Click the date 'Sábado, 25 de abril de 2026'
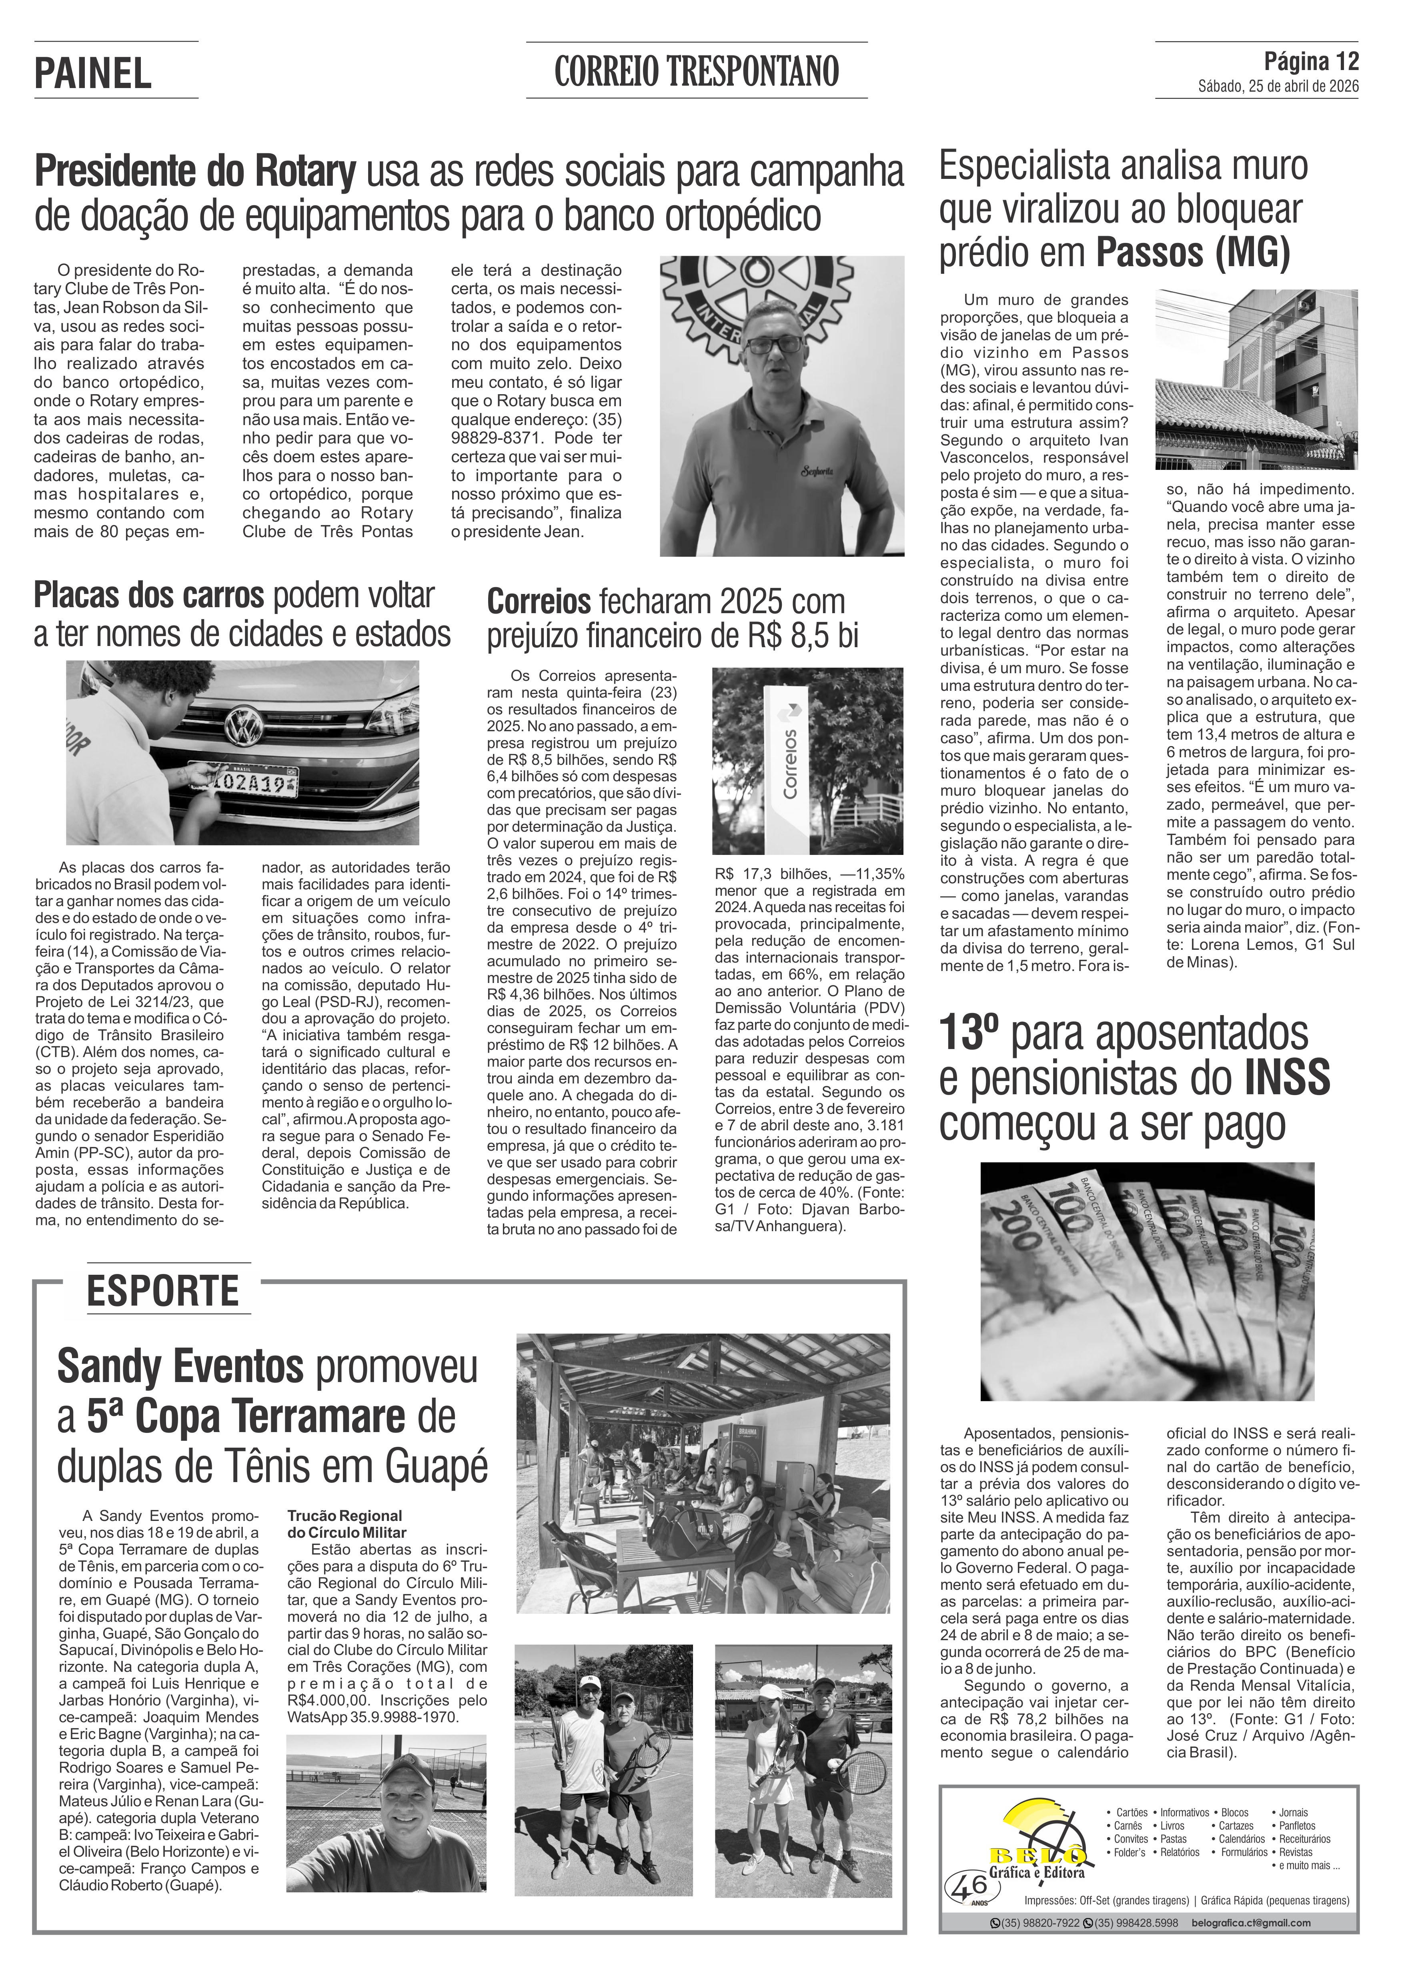point(1278,86)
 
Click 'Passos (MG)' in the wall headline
point(1193,253)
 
